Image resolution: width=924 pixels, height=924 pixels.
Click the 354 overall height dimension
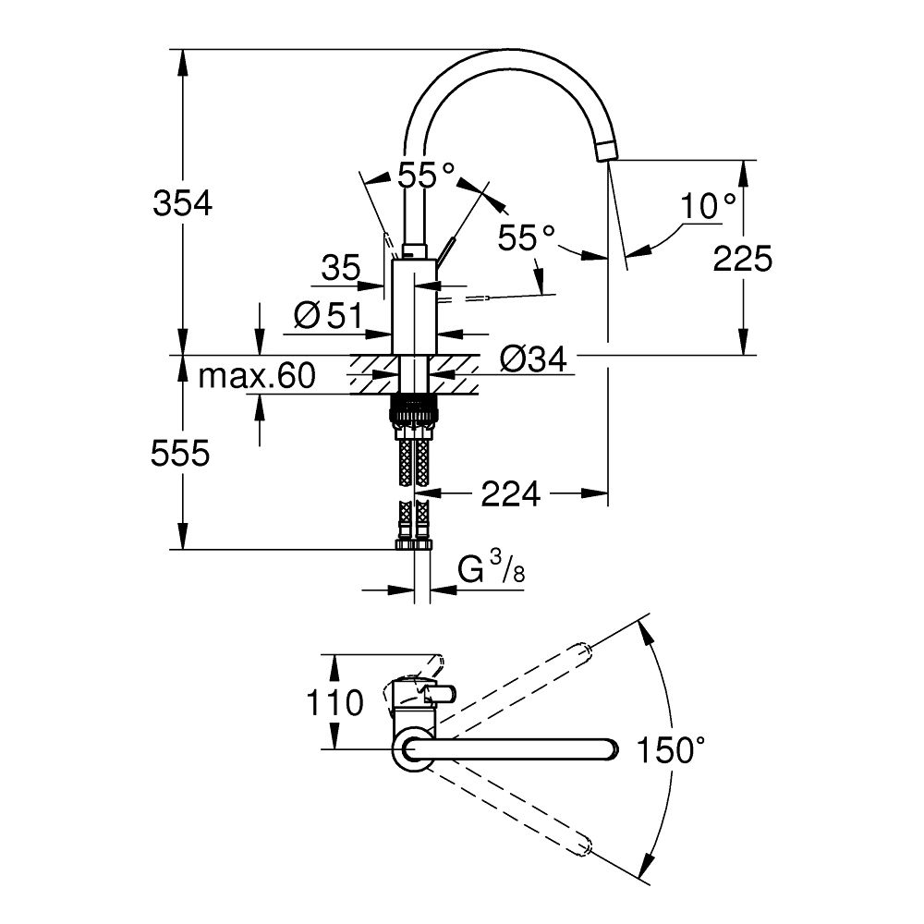pyautogui.click(x=183, y=203)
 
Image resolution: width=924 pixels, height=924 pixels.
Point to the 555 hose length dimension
pyautogui.click(x=183, y=453)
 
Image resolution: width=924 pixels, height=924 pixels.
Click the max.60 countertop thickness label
pyautogui.click(x=258, y=376)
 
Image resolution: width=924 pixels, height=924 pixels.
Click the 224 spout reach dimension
pyautogui.click(x=510, y=495)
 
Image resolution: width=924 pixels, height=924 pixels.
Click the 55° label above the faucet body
pyautogui.click(x=427, y=175)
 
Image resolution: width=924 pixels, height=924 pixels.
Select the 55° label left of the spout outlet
pyautogui.click(x=526, y=238)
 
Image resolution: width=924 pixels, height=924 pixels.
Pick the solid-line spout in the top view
pyautogui.click(x=517, y=749)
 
